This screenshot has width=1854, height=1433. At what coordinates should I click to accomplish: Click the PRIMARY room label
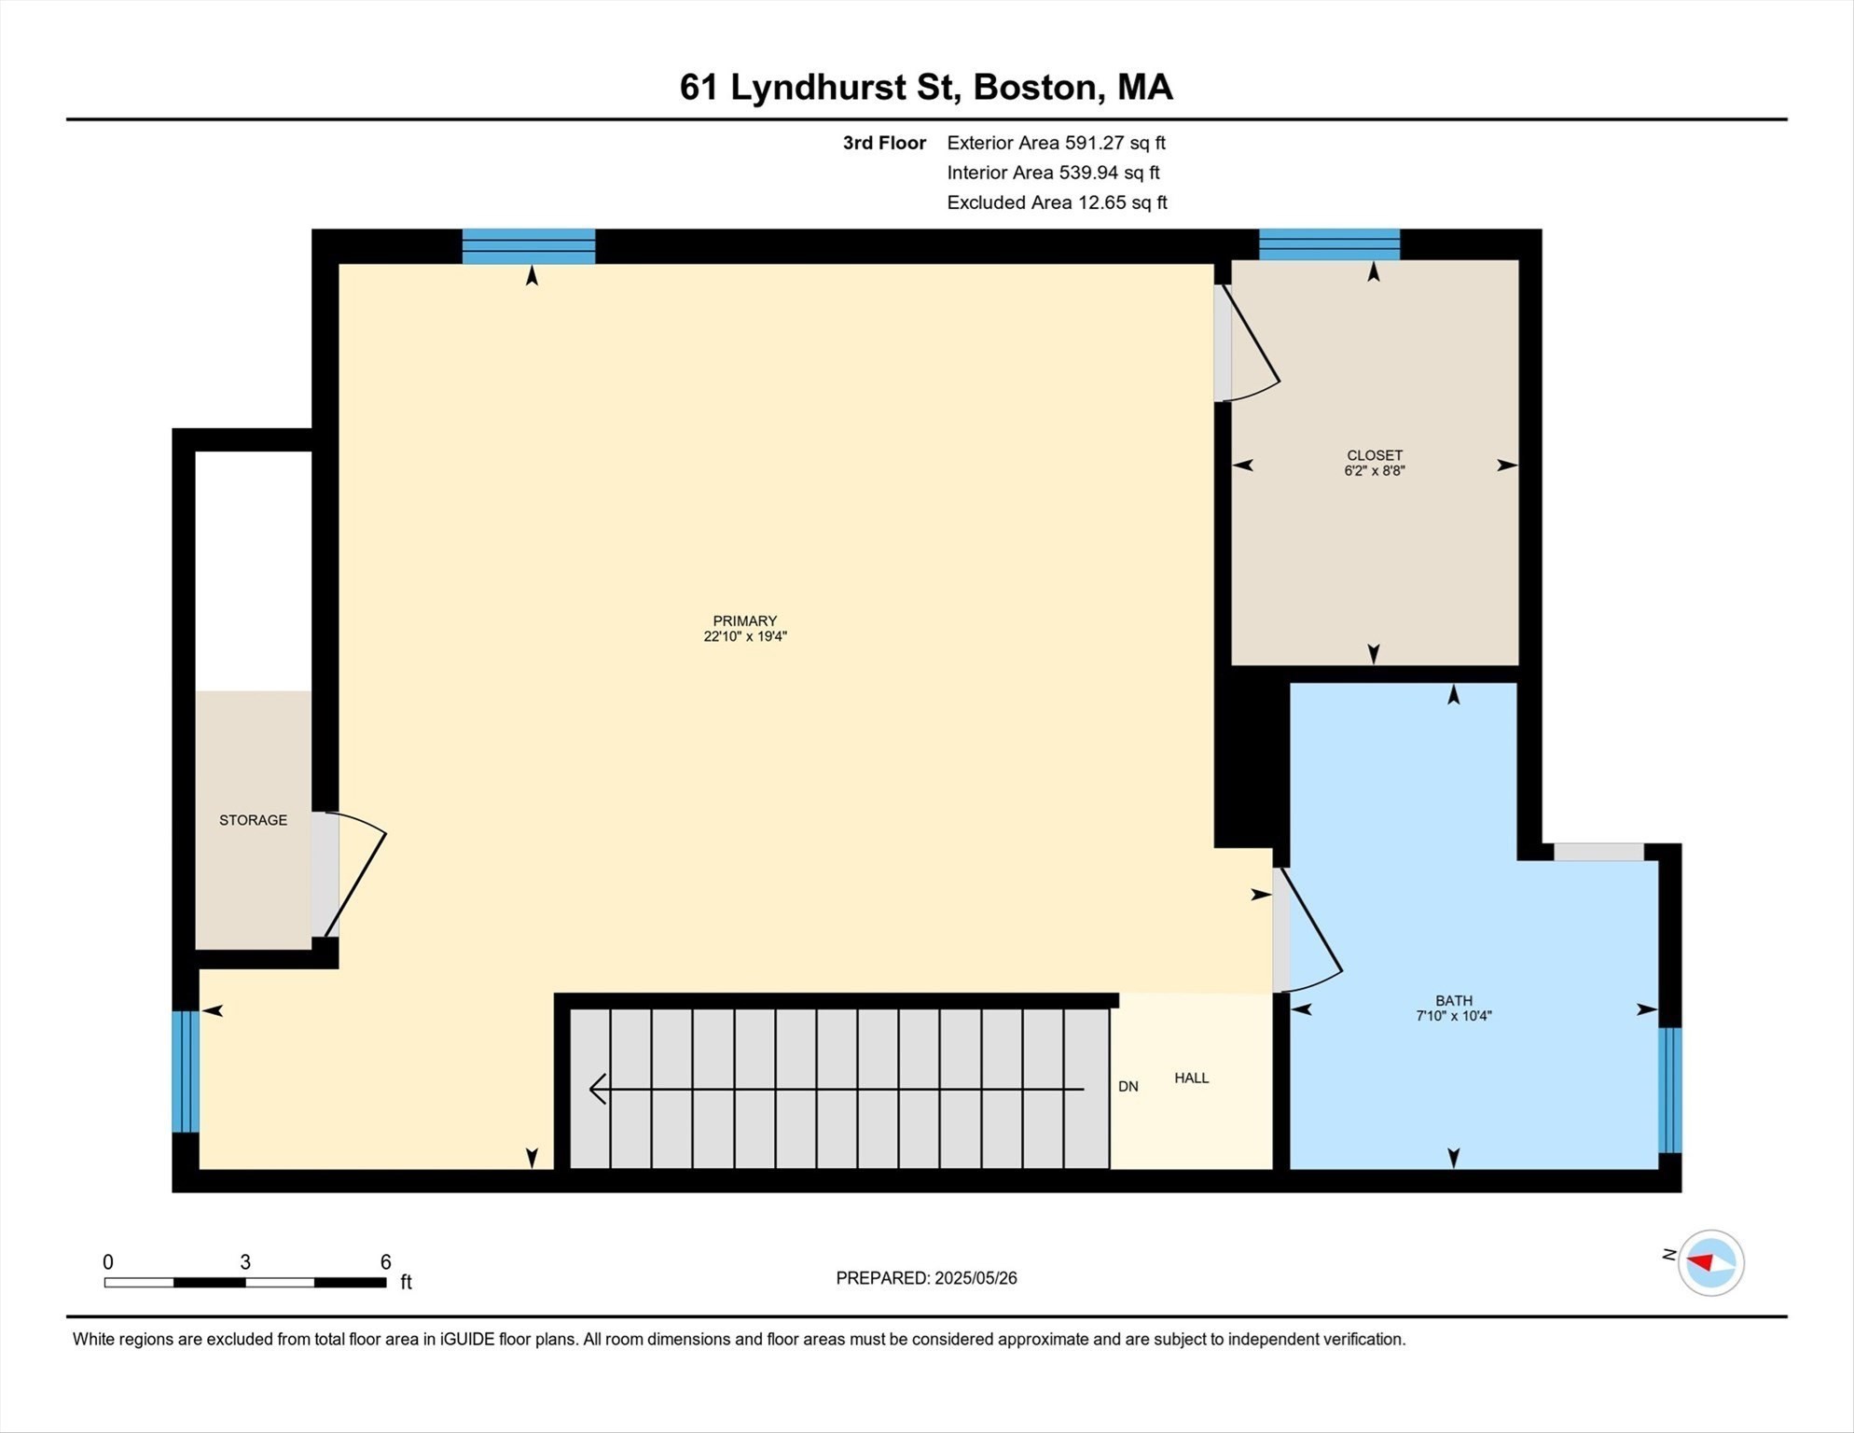[744, 621]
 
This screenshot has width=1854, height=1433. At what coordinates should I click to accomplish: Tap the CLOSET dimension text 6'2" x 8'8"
[1374, 471]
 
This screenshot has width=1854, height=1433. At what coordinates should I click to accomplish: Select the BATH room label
[1453, 1001]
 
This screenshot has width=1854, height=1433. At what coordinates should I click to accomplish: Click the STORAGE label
[253, 820]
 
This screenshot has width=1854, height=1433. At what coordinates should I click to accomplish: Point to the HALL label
[1191, 1078]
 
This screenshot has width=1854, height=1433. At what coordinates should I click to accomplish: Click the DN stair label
[1128, 1087]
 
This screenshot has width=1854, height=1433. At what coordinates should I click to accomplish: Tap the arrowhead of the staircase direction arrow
[597, 1089]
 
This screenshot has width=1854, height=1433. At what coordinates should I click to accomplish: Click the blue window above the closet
[1329, 244]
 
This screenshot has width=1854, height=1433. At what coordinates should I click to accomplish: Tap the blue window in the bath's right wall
[1669, 1090]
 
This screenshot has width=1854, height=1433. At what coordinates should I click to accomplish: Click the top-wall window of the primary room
[529, 246]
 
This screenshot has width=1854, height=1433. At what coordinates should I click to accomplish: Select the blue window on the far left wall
[186, 1071]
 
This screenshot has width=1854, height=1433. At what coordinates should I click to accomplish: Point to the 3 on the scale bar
[245, 1262]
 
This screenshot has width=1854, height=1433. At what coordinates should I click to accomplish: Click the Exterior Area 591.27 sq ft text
[1056, 143]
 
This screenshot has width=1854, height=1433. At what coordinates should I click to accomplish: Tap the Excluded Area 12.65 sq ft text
[1057, 202]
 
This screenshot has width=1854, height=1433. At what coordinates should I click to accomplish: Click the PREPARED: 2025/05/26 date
[926, 1278]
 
